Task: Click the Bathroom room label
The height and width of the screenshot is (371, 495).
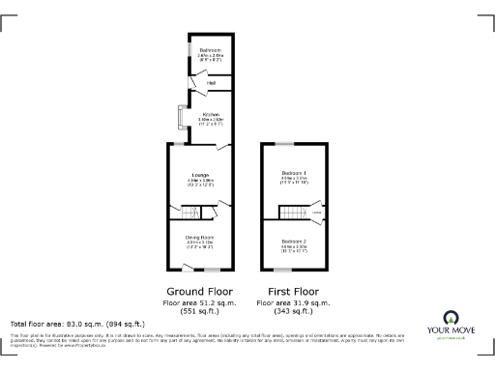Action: click(211, 50)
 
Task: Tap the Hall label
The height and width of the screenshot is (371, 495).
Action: click(211, 84)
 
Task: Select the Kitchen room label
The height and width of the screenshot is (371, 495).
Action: click(211, 115)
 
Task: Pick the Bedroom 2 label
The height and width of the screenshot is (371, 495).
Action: click(294, 240)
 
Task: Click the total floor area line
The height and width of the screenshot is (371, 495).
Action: click(77, 324)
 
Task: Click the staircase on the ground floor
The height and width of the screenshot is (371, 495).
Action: click(189, 212)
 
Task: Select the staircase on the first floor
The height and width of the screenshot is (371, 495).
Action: click(290, 213)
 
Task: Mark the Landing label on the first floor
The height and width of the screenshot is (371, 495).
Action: click(316, 211)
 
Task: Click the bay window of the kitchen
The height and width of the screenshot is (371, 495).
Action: click(176, 117)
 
